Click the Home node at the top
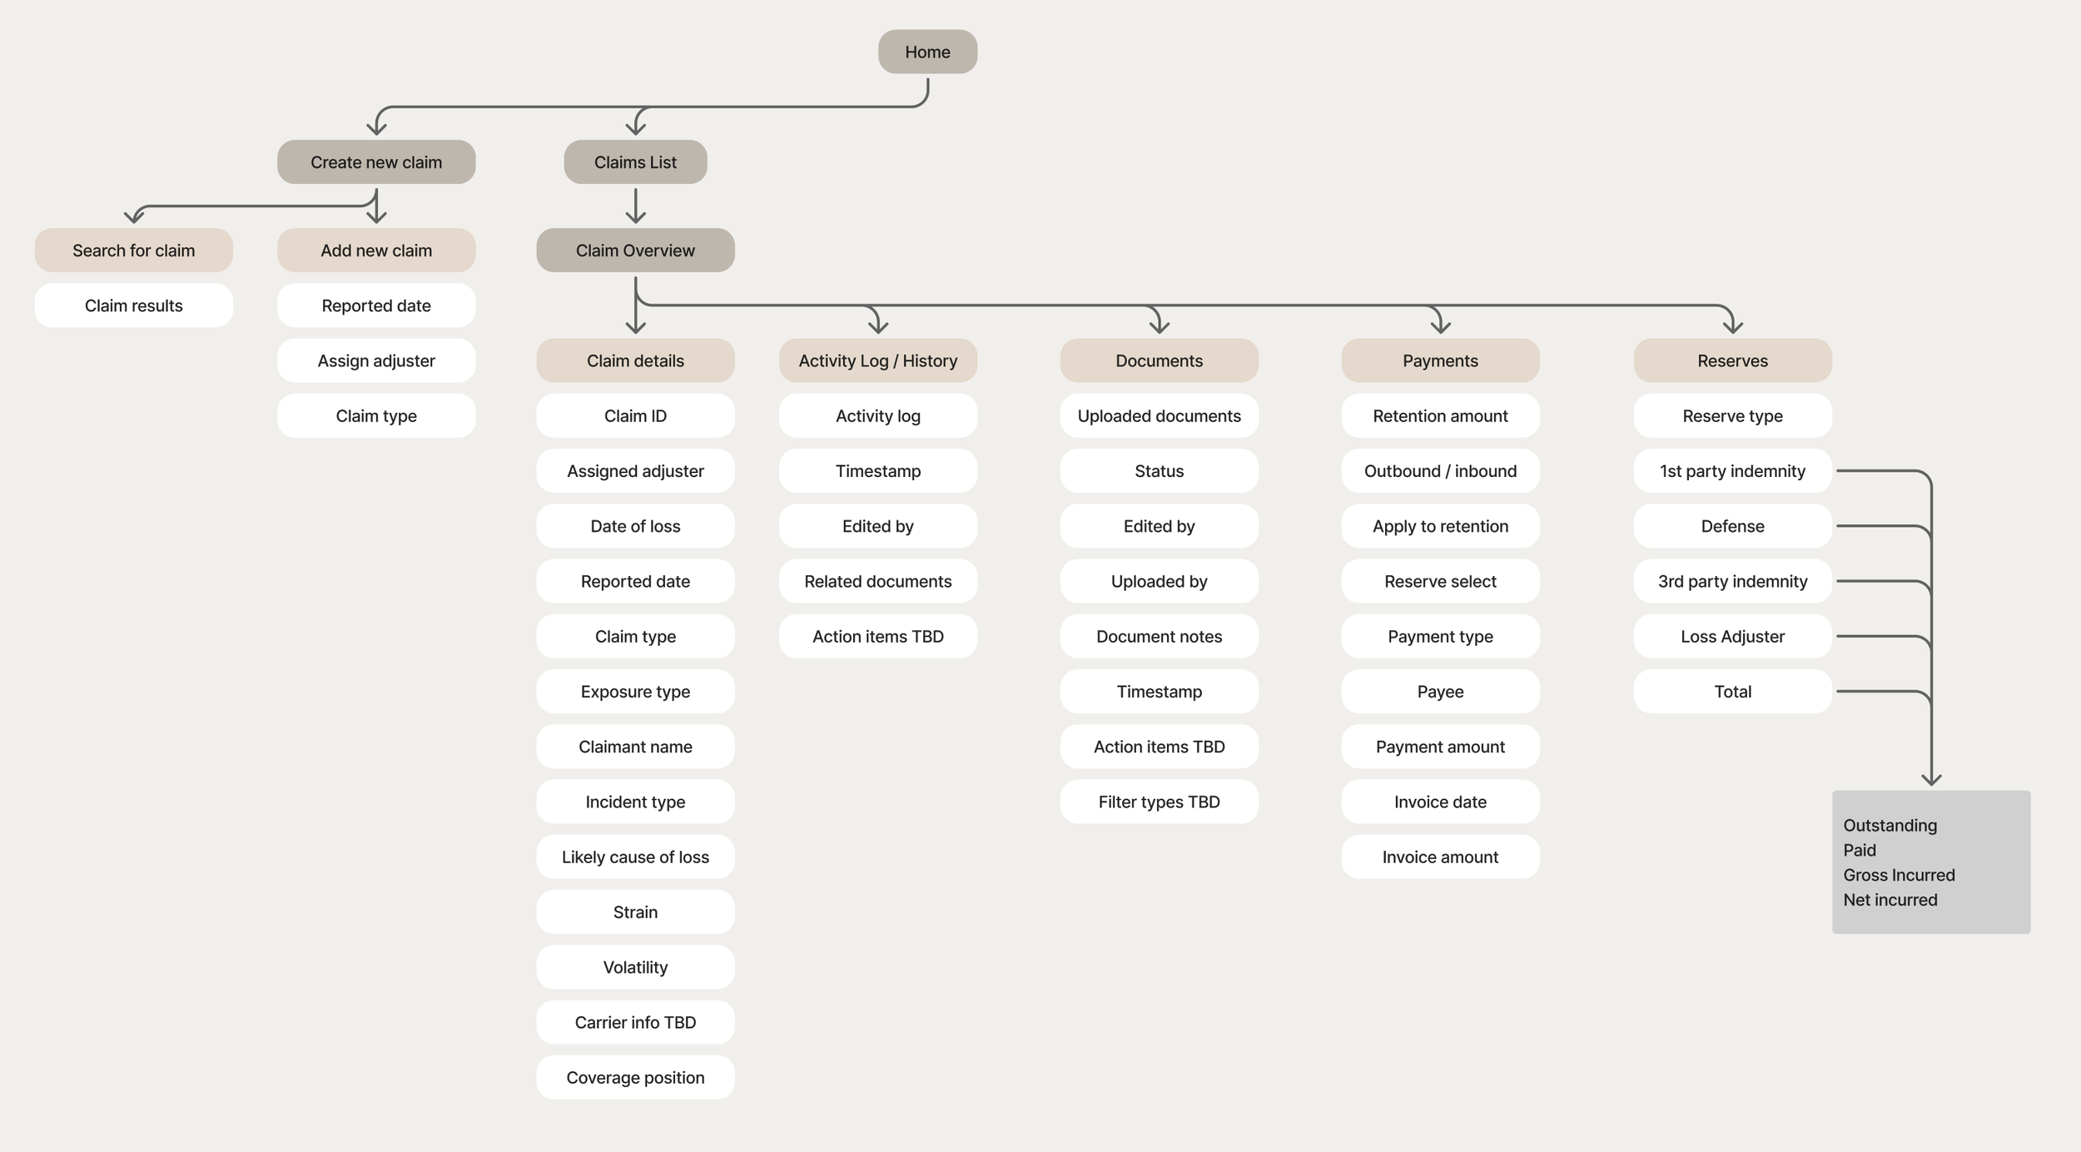click(x=927, y=52)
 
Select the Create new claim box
click(x=376, y=162)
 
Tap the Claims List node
click(x=635, y=162)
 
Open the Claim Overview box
click(x=635, y=251)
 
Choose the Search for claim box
click(x=133, y=251)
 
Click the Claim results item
click(x=133, y=305)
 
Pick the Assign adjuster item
click(x=376, y=360)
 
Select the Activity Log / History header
click(x=877, y=360)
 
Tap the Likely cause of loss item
click(x=635, y=857)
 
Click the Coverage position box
click(x=635, y=1077)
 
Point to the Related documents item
click(x=877, y=581)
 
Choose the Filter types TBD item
click(x=1159, y=802)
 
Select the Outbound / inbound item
click(x=1440, y=471)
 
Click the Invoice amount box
click(x=1440, y=857)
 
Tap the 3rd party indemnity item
click(x=1732, y=581)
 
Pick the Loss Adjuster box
click(x=1732, y=636)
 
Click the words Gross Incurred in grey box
click(x=1899, y=875)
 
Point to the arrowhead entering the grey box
click(x=1931, y=780)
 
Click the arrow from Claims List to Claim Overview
click(x=635, y=206)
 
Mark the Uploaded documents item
click(x=1159, y=415)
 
